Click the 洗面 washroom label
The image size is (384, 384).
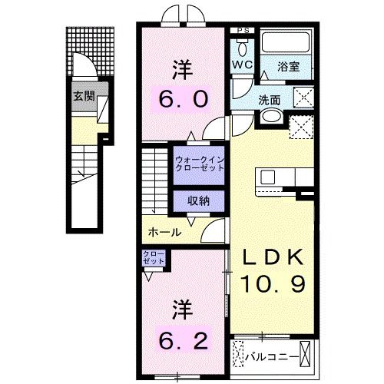click(x=270, y=98)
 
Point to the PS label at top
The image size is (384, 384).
click(x=243, y=31)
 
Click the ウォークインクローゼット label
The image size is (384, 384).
click(x=198, y=164)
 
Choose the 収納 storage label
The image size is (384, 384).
click(x=199, y=200)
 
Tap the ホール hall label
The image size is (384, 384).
click(x=164, y=232)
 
